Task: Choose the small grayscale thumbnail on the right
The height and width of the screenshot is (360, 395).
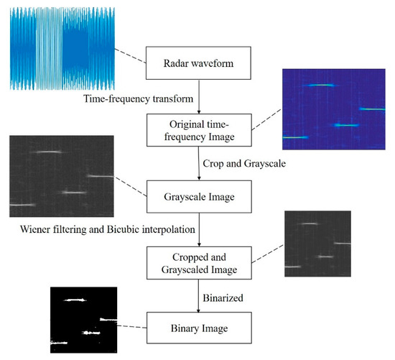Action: click(x=317, y=244)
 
